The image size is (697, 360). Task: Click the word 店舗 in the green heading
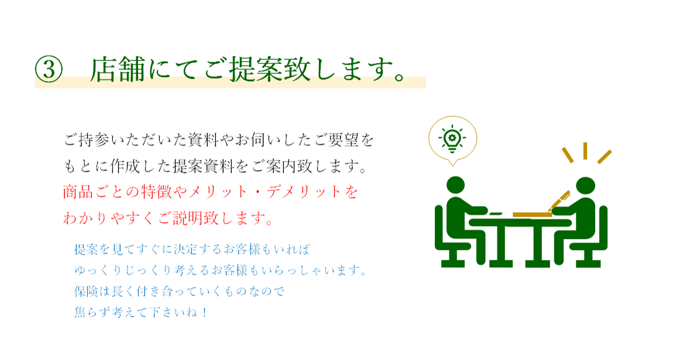(x=118, y=70)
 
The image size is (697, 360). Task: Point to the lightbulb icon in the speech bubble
(x=452, y=138)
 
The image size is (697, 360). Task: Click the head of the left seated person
(x=455, y=186)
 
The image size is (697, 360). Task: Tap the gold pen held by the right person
(x=559, y=200)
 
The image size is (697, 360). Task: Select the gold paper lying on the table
(x=532, y=215)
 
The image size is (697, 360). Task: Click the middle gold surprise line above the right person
(x=585, y=150)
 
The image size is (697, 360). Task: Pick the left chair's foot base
(x=454, y=263)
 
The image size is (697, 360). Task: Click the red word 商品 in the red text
(x=78, y=192)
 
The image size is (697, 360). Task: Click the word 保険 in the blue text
(x=85, y=292)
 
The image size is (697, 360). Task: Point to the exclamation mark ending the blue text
(x=204, y=313)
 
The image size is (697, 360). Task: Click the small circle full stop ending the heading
(x=399, y=77)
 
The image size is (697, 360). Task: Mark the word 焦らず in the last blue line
(x=91, y=313)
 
